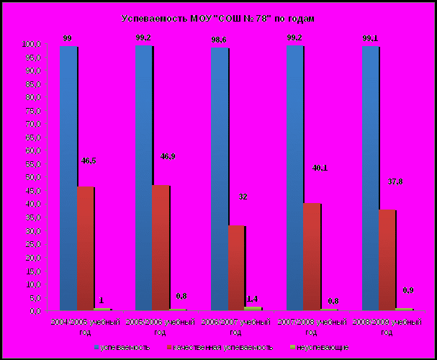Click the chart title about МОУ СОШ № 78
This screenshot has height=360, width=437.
[x=218, y=18]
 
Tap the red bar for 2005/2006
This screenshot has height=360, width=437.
[x=161, y=248]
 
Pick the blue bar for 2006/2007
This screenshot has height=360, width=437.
[x=219, y=179]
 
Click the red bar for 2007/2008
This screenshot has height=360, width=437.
[x=311, y=256]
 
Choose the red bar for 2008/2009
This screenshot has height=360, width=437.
[x=387, y=260]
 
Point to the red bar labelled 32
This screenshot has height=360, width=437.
[x=236, y=268]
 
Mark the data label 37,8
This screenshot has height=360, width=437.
[x=395, y=181]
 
